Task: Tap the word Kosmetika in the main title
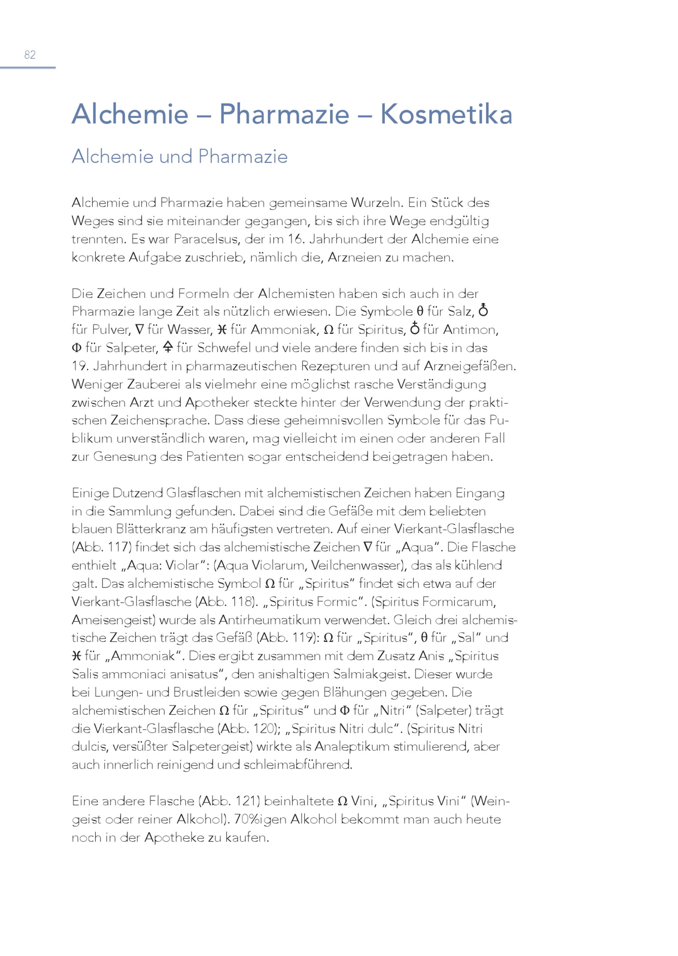446,114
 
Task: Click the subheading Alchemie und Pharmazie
180,156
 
